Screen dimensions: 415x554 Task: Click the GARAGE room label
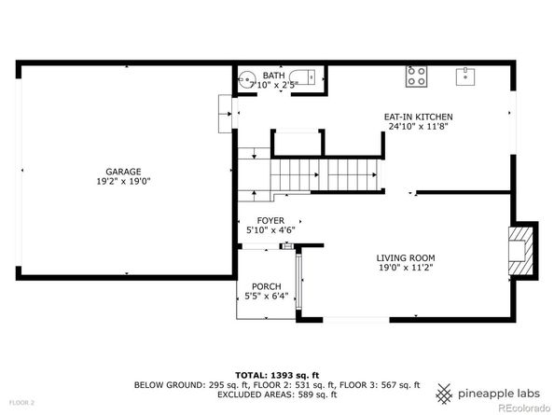coord(122,171)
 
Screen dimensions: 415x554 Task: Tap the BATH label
coord(273,76)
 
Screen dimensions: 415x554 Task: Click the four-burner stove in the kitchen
coord(415,75)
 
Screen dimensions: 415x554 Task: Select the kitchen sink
coord(464,75)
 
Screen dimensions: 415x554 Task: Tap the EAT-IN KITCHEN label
coord(419,117)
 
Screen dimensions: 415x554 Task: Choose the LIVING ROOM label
coord(406,257)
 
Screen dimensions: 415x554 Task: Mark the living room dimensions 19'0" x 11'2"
coord(406,268)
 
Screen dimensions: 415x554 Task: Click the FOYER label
coord(257,220)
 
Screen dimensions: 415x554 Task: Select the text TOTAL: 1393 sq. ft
coord(276,373)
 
